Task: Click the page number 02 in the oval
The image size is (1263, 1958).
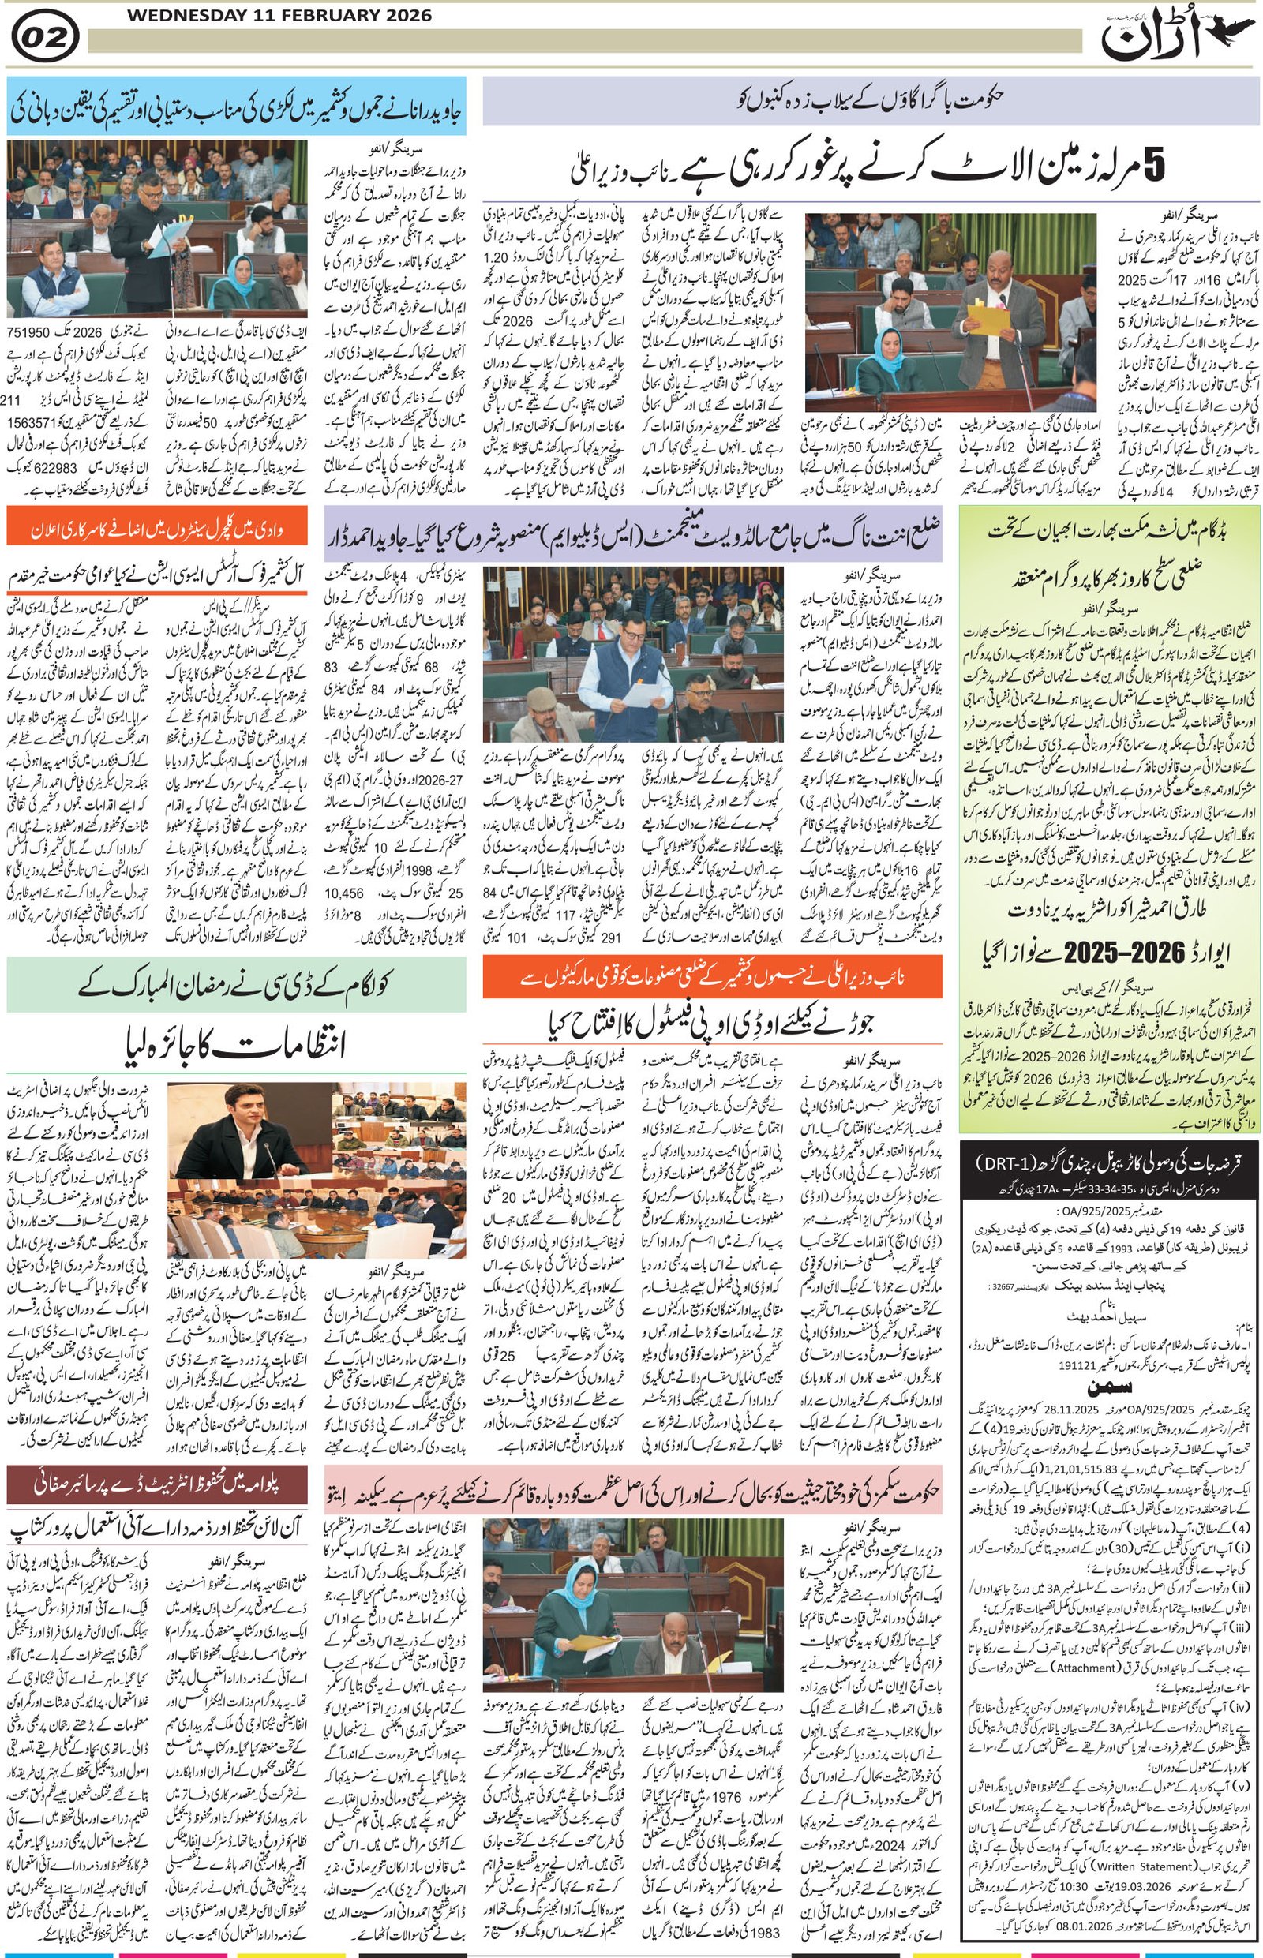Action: (45, 38)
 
